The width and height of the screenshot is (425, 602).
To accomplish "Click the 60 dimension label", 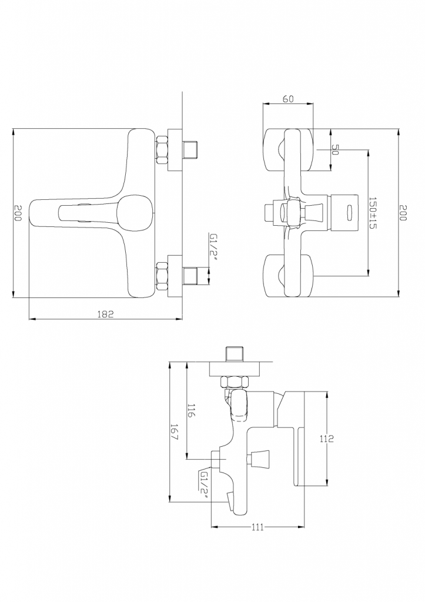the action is [x=288, y=99].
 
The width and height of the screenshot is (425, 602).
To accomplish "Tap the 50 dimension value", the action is [x=335, y=150].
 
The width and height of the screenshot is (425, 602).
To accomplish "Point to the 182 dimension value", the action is [x=106, y=314].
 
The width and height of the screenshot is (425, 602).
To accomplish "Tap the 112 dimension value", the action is [x=327, y=439].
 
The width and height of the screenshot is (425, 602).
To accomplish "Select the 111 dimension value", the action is [x=258, y=527].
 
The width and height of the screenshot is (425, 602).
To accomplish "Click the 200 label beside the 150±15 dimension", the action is [x=402, y=213].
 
